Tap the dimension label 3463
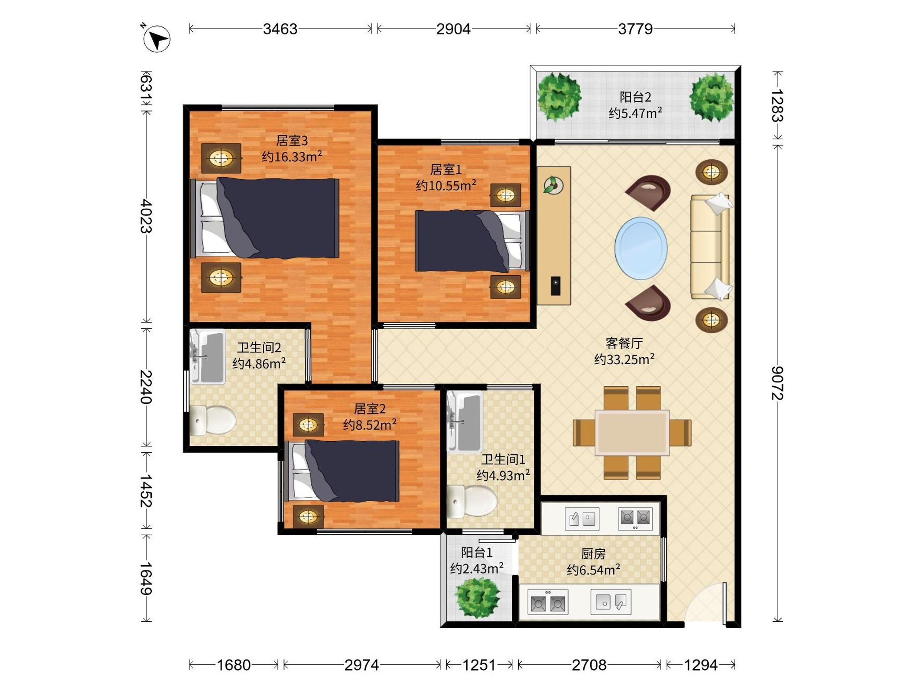point(280,29)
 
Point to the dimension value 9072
point(777,383)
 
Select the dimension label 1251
point(479,665)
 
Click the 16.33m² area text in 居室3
point(291,157)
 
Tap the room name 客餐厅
point(624,343)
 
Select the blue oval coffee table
point(641,248)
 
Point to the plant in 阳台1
point(477,598)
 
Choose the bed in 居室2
point(342,470)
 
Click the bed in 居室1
point(472,241)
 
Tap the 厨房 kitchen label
point(593,554)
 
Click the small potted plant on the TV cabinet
point(553,185)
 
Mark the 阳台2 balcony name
point(635,97)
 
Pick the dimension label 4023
point(146,216)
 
